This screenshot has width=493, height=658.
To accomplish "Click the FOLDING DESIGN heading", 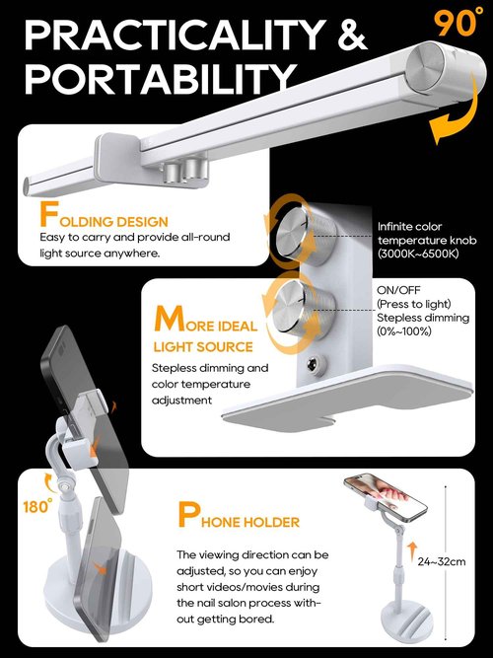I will coord(104,218).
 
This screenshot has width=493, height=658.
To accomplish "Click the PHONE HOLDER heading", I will coord(238,517).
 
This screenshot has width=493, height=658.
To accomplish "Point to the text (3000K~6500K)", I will coord(418,255).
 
